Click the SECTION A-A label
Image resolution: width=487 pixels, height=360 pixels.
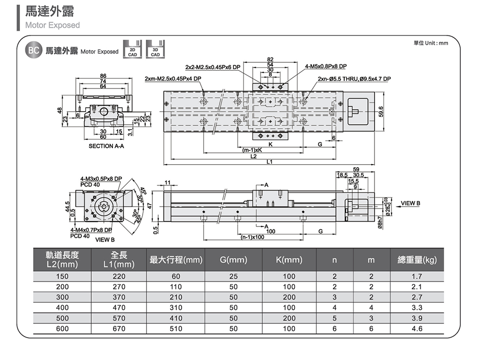tap(106, 146)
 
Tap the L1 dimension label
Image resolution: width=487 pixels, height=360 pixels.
tap(270, 162)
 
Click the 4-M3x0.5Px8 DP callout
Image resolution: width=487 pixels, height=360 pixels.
tap(101, 179)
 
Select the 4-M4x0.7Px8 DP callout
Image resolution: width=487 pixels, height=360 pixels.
tap(91, 230)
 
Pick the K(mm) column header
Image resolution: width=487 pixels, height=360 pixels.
tap(289, 260)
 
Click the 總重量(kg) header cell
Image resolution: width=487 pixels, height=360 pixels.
tap(417, 260)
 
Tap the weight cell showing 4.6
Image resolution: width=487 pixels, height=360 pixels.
tap(417, 329)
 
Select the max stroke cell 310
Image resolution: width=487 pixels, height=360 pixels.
tap(176, 308)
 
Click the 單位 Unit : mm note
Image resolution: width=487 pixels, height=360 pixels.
tap(430, 43)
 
